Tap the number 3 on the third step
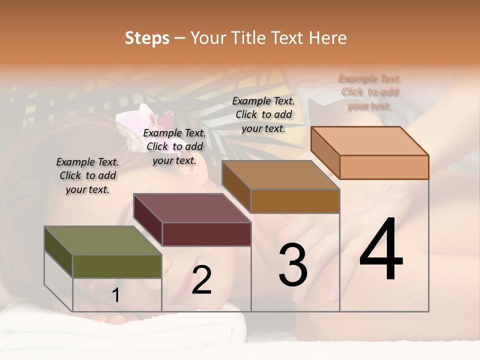[x=293, y=265]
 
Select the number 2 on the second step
[x=201, y=280]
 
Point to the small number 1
[x=115, y=295]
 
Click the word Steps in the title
[x=147, y=38]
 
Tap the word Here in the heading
[x=327, y=38]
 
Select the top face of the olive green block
[x=103, y=240]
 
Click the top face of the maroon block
[x=192, y=208]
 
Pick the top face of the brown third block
[x=281, y=175]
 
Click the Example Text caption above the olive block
[x=87, y=175]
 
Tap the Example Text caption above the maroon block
[x=174, y=146]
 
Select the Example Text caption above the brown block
[x=263, y=114]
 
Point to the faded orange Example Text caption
[x=370, y=92]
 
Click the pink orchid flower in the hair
[x=145, y=122]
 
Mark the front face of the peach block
[x=384, y=167]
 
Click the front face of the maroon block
[x=206, y=234]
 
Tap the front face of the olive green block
[x=117, y=266]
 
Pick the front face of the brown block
[x=295, y=201]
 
